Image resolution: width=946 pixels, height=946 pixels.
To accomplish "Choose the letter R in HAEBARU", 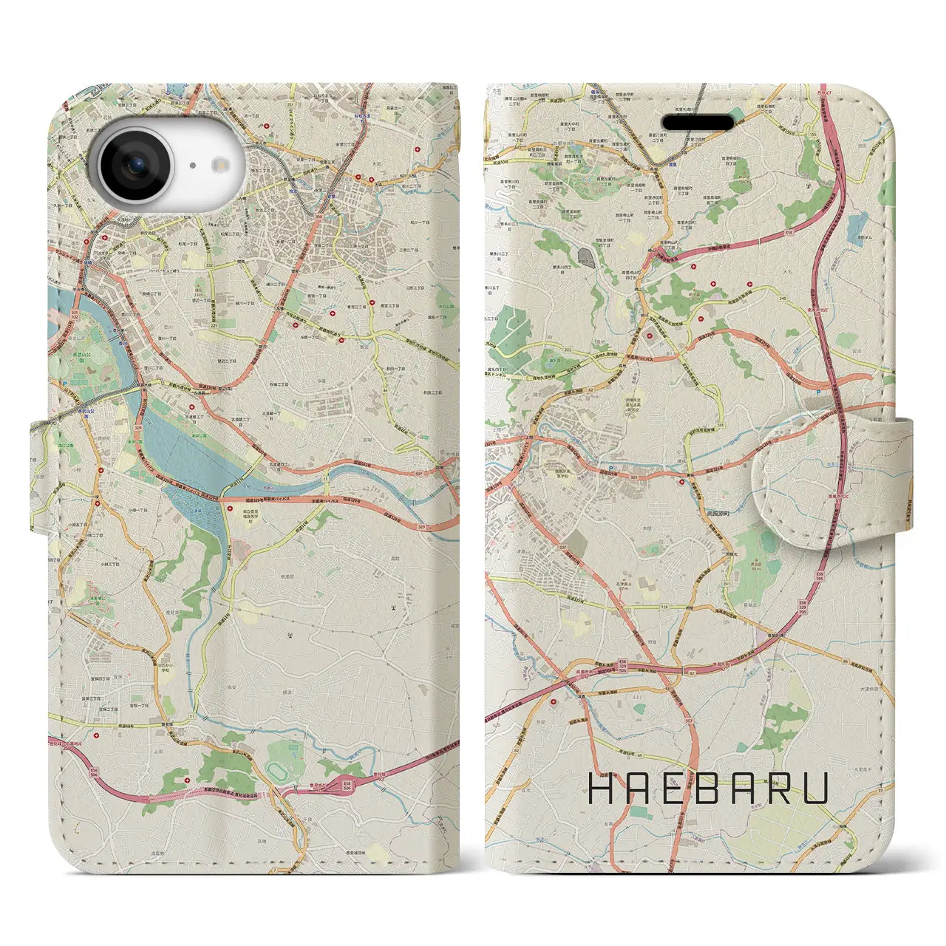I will tap(780, 789).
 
